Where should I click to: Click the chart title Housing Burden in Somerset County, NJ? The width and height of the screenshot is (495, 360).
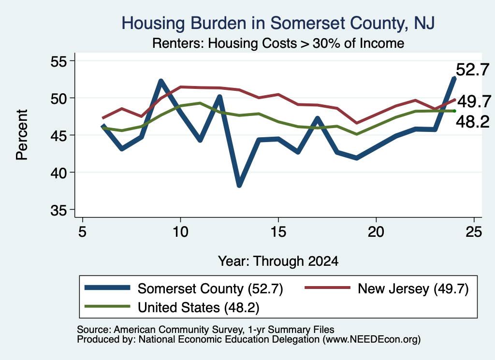[278, 23]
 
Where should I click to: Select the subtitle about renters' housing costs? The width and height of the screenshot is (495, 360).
[278, 43]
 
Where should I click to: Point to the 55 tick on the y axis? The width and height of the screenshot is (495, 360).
[59, 61]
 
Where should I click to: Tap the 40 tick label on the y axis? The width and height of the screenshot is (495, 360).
[59, 173]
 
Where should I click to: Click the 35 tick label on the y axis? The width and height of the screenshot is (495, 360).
[59, 210]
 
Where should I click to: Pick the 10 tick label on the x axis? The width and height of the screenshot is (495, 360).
[180, 232]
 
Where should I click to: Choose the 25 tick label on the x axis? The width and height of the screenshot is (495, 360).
[474, 232]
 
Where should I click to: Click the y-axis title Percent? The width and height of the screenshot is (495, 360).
[22, 135]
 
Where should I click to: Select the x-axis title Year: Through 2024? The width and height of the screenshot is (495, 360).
[278, 261]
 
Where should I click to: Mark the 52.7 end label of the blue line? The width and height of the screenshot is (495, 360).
[473, 70]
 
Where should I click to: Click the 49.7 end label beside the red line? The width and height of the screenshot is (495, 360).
[474, 101]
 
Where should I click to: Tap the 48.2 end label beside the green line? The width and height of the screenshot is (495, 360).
[473, 121]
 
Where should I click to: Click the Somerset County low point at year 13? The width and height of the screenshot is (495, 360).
[239, 185]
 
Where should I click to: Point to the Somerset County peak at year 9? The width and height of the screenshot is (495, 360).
[160, 81]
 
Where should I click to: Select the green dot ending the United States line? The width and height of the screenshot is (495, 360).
[454, 111]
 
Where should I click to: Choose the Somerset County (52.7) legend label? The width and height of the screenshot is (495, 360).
[210, 288]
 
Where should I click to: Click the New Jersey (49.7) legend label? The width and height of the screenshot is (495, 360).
[413, 288]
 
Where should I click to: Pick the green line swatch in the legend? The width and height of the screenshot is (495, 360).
[107, 306]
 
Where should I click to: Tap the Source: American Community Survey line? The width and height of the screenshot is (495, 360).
[205, 330]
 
